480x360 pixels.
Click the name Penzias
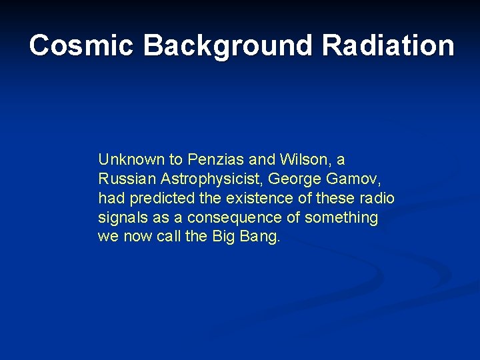coord(213,160)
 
